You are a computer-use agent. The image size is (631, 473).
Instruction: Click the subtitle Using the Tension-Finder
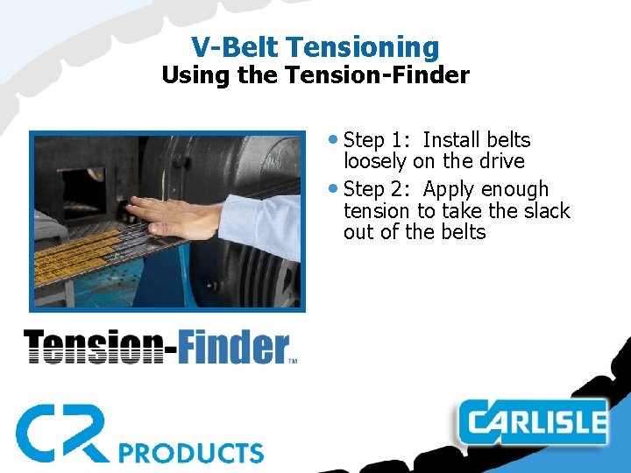click(x=315, y=75)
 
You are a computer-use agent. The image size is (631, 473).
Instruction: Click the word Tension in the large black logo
click(x=92, y=347)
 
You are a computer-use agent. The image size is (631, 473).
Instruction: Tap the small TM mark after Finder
click(x=293, y=360)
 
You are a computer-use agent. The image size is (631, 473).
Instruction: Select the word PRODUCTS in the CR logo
click(x=191, y=452)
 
